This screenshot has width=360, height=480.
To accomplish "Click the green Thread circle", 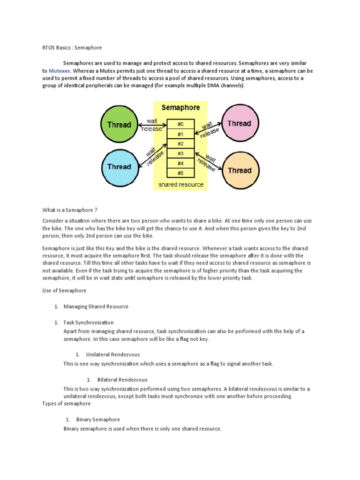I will tap(119, 125).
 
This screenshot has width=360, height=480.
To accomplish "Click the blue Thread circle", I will tap(119, 167).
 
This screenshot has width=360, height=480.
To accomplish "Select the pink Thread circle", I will tap(239, 124).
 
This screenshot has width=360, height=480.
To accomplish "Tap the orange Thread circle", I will tap(240, 171).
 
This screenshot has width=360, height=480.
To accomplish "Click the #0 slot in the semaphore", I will tap(180, 124).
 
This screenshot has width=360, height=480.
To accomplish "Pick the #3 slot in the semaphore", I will tap(180, 153).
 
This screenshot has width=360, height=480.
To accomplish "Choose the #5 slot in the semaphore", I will tap(180, 173).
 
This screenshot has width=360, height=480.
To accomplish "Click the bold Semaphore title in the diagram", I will tap(180, 107).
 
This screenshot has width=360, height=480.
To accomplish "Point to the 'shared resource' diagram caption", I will tap(181, 185).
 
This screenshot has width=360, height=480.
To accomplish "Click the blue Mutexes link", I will tap(59, 71).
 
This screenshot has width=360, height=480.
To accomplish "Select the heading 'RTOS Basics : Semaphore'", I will tap(72, 48).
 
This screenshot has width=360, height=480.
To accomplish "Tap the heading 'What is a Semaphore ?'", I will tap(70, 210).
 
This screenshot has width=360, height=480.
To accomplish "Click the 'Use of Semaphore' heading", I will tap(64, 291).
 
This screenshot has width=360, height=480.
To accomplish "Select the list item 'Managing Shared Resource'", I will tap(96, 307).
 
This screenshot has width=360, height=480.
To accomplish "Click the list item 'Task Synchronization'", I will tap(89, 322).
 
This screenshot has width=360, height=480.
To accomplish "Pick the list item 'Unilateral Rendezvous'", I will tap(113, 354).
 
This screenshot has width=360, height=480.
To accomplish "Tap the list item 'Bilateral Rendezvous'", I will tap(122, 380).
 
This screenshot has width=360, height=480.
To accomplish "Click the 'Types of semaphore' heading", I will tap(66, 404).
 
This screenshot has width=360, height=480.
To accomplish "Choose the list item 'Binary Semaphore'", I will tap(98, 420).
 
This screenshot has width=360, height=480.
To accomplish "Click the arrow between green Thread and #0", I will tap(150, 124).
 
